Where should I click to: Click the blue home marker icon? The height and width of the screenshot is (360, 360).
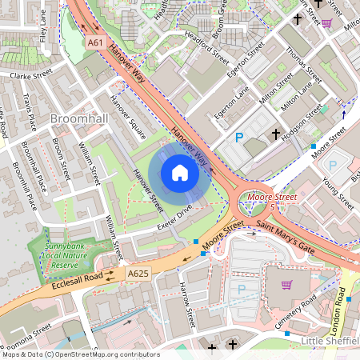coord(180,173)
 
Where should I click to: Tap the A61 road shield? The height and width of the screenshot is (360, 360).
coord(95,42)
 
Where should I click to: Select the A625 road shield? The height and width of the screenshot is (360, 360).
coord(138,274)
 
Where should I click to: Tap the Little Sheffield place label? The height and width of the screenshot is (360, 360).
coord(328,342)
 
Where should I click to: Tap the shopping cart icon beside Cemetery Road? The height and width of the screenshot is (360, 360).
coord(286,284)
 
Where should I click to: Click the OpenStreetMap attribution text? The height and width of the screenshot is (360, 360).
coord(81,354)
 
